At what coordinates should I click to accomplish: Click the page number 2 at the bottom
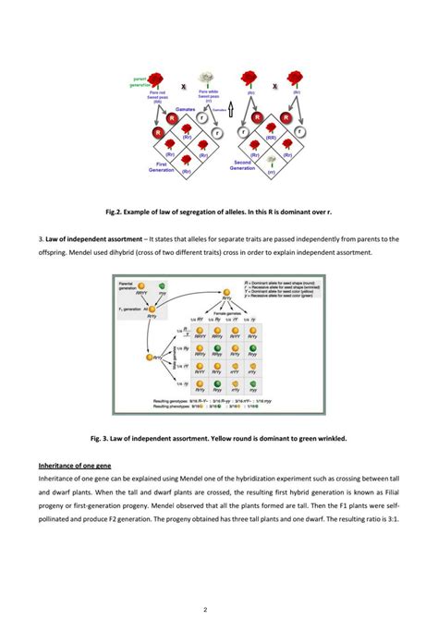tap(219, 609)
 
